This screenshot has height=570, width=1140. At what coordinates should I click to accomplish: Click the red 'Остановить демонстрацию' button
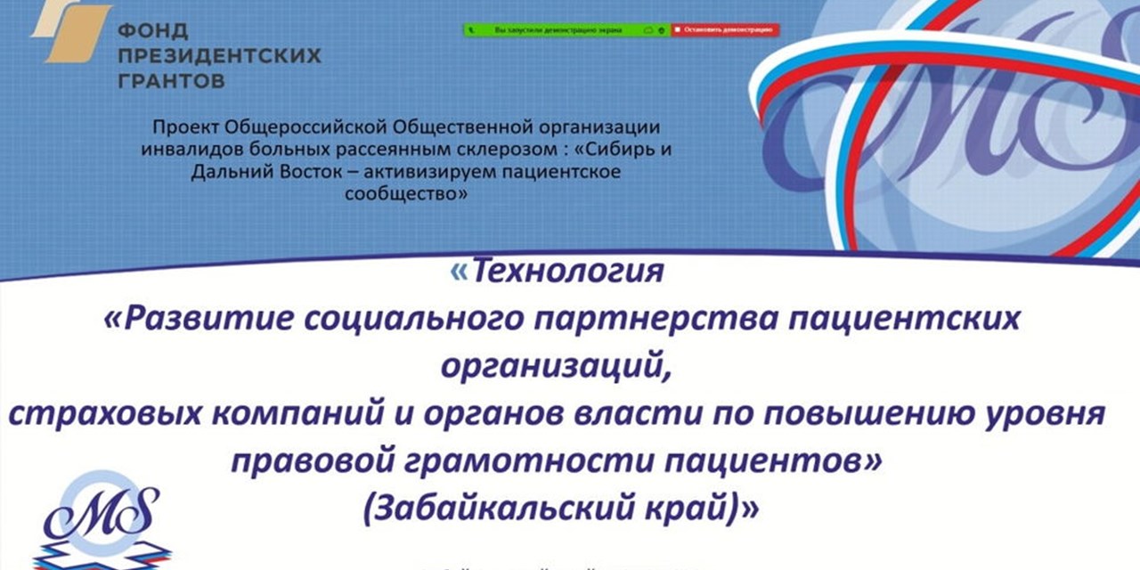pyautogui.click(x=724, y=29)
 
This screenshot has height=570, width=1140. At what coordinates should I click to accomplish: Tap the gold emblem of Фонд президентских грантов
pyautogui.click(x=72, y=33)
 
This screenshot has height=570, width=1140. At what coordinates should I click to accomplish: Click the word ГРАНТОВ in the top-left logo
pyautogui.click(x=172, y=81)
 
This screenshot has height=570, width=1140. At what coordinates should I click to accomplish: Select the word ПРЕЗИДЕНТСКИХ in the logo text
pyautogui.click(x=219, y=56)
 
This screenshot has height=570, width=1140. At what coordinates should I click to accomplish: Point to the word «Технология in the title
pyautogui.click(x=558, y=271)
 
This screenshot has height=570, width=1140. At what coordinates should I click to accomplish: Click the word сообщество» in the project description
pyautogui.click(x=405, y=191)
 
